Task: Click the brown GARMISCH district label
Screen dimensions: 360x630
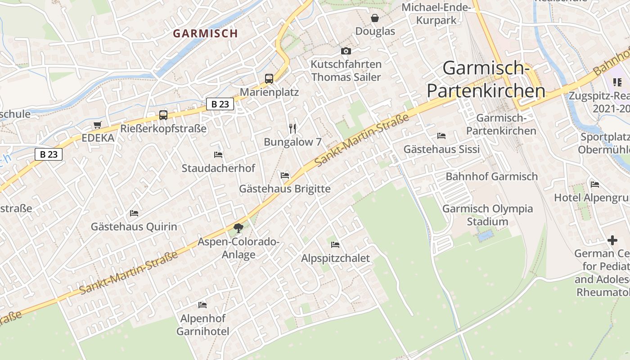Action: pyautogui.click(x=205, y=33)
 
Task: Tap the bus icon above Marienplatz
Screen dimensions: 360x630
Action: pyautogui.click(x=269, y=79)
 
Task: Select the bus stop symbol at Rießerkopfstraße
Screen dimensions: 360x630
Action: pyautogui.click(x=163, y=115)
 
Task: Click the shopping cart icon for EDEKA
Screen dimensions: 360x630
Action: pyautogui.click(x=98, y=125)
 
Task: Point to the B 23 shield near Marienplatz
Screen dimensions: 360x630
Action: pyautogui.click(x=220, y=104)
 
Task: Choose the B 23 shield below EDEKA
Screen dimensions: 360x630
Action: pyautogui.click(x=49, y=154)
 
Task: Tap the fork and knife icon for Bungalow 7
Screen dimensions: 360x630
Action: pyautogui.click(x=293, y=129)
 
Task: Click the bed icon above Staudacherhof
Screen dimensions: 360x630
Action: pyautogui.click(x=218, y=155)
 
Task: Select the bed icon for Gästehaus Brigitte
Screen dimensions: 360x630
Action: pyautogui.click(x=284, y=175)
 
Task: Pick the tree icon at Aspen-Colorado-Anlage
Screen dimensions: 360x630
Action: pyautogui.click(x=238, y=228)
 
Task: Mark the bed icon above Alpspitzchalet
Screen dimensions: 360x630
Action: pyautogui.click(x=335, y=245)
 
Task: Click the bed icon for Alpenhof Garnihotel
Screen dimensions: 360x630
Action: pyautogui.click(x=202, y=305)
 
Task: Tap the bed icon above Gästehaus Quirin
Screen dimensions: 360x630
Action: pyautogui.click(x=134, y=213)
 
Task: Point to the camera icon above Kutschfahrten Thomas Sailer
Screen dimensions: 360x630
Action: pyautogui.click(x=346, y=51)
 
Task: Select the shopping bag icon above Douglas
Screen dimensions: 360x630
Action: pyautogui.click(x=374, y=18)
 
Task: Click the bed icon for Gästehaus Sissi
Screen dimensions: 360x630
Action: pyautogui.click(x=441, y=135)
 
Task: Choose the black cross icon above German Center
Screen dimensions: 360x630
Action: pyautogui.click(x=612, y=240)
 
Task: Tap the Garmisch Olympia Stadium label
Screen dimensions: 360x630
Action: pyautogui.click(x=487, y=215)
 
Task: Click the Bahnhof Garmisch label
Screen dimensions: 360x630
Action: pyautogui.click(x=491, y=176)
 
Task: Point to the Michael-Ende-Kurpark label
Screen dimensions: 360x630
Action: pyautogui.click(x=436, y=14)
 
